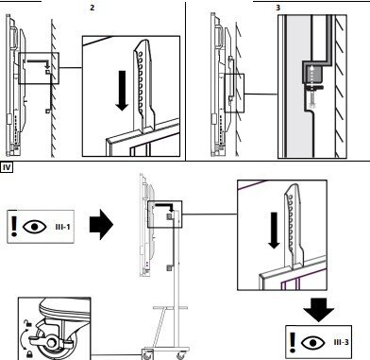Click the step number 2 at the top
(x=92, y=8)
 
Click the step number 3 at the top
(x=277, y=8)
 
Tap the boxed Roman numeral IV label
(x=7, y=167)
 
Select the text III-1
(x=62, y=227)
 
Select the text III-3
(x=342, y=342)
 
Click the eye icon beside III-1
(x=35, y=227)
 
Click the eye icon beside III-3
(x=313, y=342)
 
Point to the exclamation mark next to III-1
(x=13, y=226)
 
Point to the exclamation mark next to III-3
(x=293, y=342)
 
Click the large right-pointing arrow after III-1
(x=101, y=225)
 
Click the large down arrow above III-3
(x=318, y=310)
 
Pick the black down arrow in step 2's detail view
(x=122, y=91)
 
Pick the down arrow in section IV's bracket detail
(x=275, y=231)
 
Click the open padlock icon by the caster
(x=28, y=323)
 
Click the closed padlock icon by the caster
(x=29, y=353)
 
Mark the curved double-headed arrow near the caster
(x=23, y=338)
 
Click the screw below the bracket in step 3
(x=311, y=97)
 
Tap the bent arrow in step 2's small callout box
(x=39, y=62)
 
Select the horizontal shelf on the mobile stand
(x=170, y=307)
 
